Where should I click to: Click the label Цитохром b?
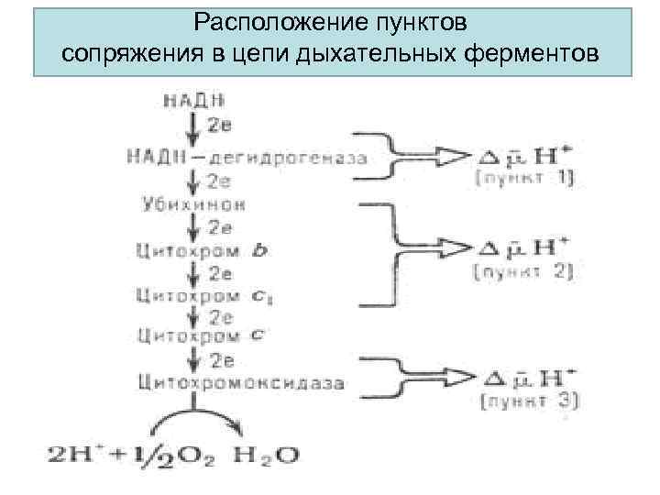click(202, 249)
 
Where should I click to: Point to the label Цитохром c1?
click(203, 295)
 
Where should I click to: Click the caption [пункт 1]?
click(525, 179)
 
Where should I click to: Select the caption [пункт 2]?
click(525, 271)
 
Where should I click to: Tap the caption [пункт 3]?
click(529, 401)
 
